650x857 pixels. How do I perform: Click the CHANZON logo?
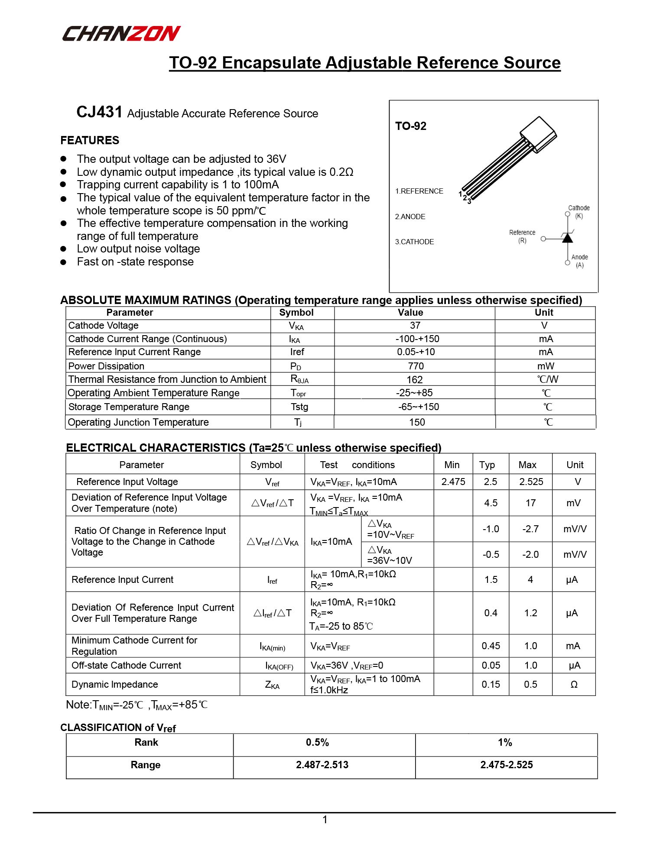click(121, 33)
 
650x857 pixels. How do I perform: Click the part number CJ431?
click(99, 112)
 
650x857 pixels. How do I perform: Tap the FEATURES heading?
click(90, 140)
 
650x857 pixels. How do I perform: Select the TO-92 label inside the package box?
click(410, 126)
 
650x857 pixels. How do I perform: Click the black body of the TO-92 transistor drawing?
click(538, 134)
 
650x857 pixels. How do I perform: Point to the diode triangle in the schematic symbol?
click(567, 238)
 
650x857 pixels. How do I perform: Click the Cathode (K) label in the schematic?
click(578, 212)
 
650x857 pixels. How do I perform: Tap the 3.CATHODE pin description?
click(414, 242)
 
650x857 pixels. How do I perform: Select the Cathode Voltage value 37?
click(415, 326)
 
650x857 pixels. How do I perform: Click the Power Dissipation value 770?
click(416, 366)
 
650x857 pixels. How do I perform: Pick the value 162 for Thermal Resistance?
click(414, 380)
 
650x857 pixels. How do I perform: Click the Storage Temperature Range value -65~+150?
click(418, 407)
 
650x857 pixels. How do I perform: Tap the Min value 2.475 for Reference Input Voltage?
click(453, 482)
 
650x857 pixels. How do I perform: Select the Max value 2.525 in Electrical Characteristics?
click(531, 482)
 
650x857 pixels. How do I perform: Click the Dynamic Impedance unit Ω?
click(574, 685)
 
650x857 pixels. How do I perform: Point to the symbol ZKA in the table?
click(272, 685)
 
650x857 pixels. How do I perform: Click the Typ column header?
click(487, 465)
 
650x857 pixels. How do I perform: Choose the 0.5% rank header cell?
click(317, 742)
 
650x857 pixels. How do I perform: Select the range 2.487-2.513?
click(322, 765)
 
